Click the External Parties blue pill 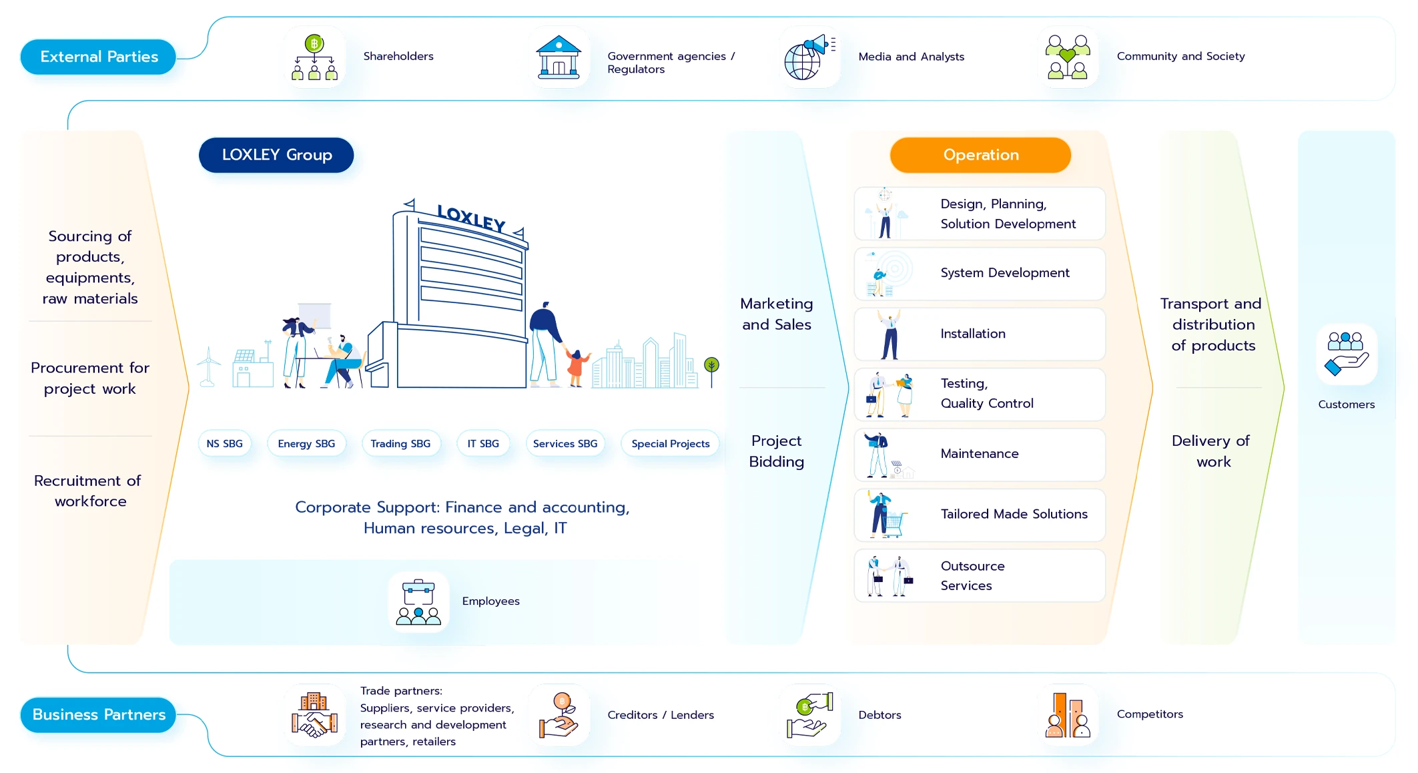(x=98, y=57)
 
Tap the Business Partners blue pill (x=98, y=715)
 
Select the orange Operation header (x=980, y=155)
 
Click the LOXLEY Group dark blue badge (x=276, y=155)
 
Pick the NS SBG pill (x=224, y=444)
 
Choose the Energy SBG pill (x=306, y=444)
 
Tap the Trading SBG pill (x=400, y=444)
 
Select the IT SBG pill (x=483, y=444)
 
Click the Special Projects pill (x=670, y=444)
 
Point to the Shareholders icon (x=314, y=57)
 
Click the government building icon (x=559, y=57)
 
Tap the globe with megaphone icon (x=809, y=57)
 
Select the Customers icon (x=1347, y=354)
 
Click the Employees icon (x=418, y=602)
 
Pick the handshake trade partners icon (x=314, y=715)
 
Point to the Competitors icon (x=1068, y=715)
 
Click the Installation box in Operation (x=980, y=334)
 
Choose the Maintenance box (x=980, y=455)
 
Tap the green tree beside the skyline (x=712, y=371)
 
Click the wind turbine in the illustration (x=208, y=366)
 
